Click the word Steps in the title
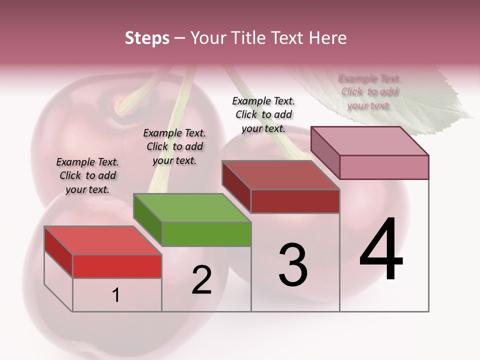pyautogui.click(x=147, y=38)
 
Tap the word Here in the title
pyautogui.click(x=327, y=38)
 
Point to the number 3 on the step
pyautogui.click(x=293, y=265)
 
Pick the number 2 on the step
pyautogui.click(x=202, y=280)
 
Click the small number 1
pyautogui.click(x=116, y=295)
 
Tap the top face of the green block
pyautogui.click(x=192, y=207)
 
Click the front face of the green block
pyautogui.click(x=206, y=234)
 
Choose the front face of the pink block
pyautogui.click(x=384, y=167)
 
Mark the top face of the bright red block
pyautogui.click(x=103, y=240)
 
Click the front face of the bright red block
pyautogui.click(x=117, y=266)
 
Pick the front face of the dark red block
pyautogui.click(x=295, y=201)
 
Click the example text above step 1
pyautogui.click(x=87, y=175)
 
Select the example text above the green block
pyautogui.click(x=174, y=146)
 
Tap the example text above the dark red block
pyautogui.click(x=263, y=114)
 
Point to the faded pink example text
pyautogui.click(x=369, y=92)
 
